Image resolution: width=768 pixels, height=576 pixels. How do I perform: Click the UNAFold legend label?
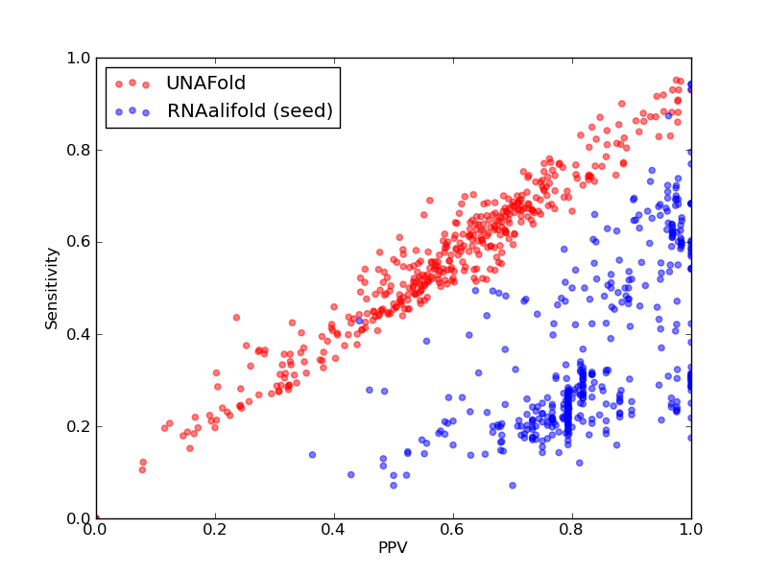click(x=205, y=83)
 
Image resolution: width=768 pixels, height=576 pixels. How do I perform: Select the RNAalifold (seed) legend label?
click(x=250, y=110)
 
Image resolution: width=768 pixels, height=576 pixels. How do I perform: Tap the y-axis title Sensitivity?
click(x=52, y=289)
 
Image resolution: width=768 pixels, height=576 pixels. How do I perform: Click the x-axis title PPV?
click(x=393, y=547)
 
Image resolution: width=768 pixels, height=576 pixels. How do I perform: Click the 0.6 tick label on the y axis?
click(x=79, y=242)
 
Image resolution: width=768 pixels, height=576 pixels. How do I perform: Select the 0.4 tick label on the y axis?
click(x=79, y=334)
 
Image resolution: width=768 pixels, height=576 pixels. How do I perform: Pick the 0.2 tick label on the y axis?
click(x=79, y=426)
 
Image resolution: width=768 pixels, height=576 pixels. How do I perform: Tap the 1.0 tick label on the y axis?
click(x=79, y=58)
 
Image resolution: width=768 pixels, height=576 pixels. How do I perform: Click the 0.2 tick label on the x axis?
click(x=215, y=530)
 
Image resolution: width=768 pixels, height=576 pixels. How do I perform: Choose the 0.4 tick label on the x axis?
click(x=334, y=530)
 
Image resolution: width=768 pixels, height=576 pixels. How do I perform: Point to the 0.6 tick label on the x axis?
click(x=453, y=530)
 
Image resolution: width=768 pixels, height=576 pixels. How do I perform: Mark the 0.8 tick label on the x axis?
click(x=572, y=530)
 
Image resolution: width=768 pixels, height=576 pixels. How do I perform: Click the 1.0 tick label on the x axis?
click(x=691, y=530)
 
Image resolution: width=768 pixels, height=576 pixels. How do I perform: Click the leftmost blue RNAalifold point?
click(x=312, y=455)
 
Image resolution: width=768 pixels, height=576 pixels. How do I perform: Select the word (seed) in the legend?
click(x=303, y=110)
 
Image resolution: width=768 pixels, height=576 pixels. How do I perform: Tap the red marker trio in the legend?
click(x=132, y=84)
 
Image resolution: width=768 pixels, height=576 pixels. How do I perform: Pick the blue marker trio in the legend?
click(x=132, y=111)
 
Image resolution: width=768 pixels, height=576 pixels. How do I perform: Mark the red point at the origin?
click(x=97, y=517)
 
